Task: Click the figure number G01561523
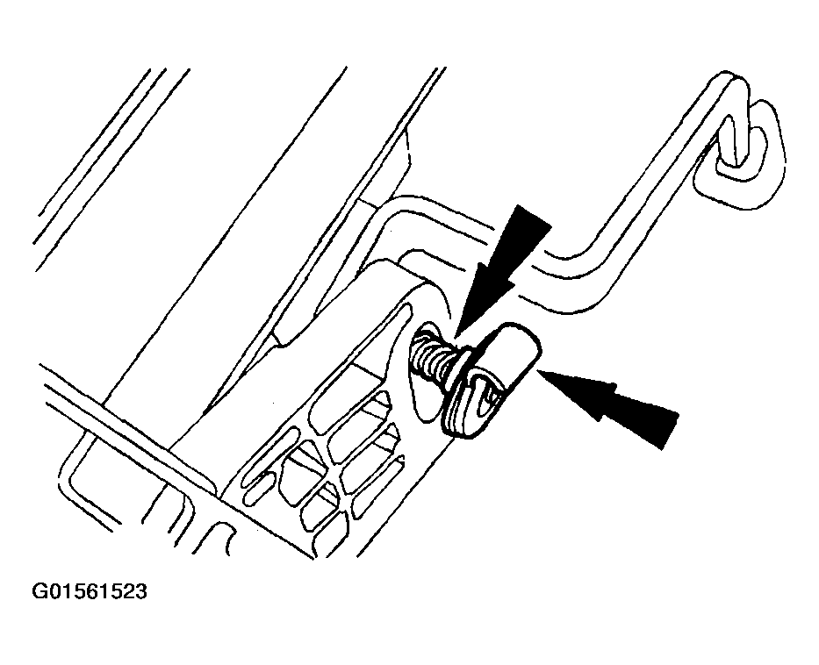coord(90,592)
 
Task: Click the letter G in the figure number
coord(40,592)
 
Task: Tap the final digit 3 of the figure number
coord(140,592)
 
